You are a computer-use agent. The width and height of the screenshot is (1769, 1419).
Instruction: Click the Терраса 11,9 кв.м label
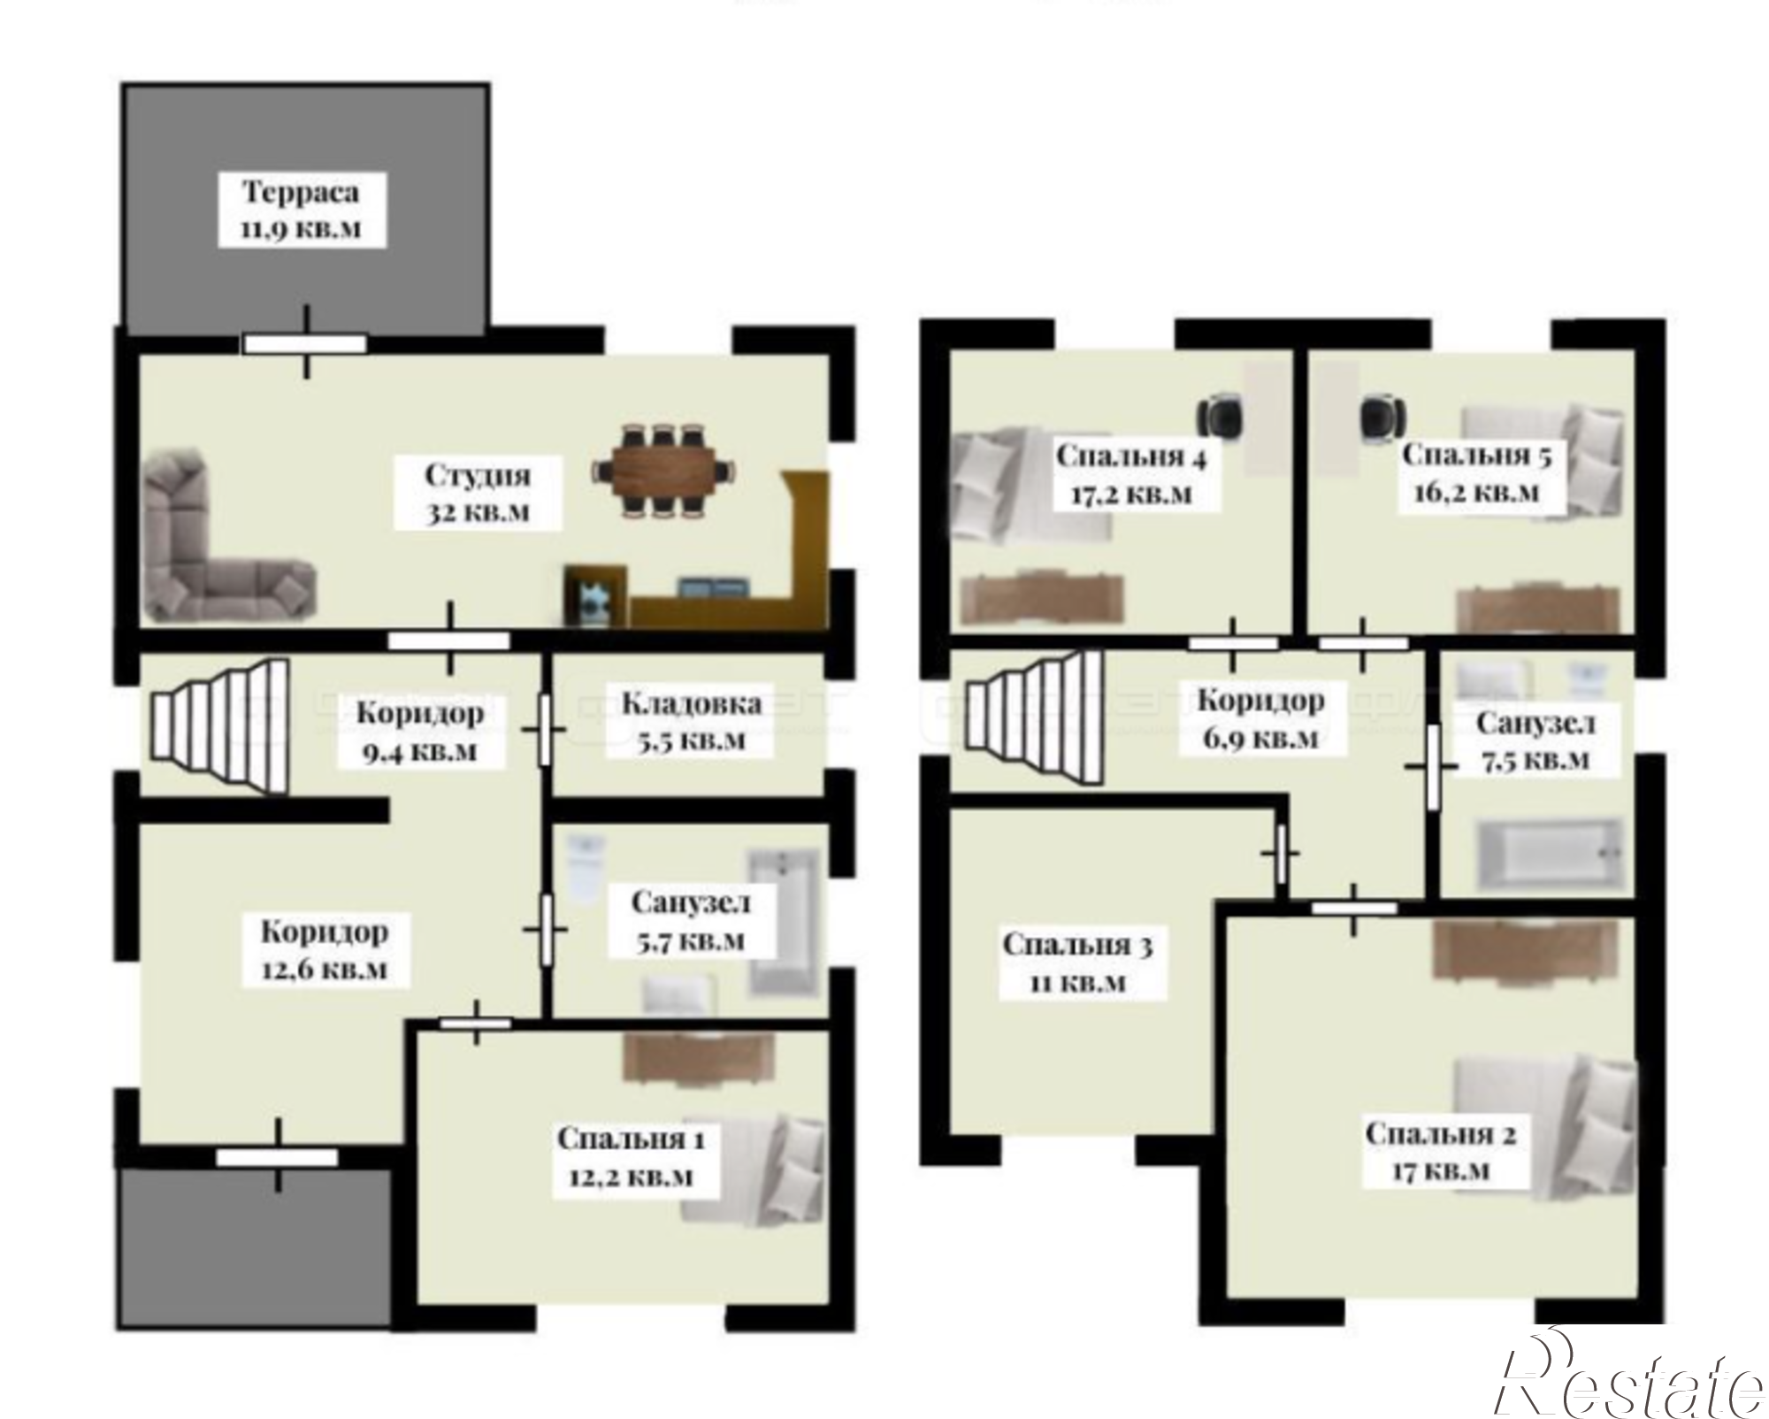click(301, 210)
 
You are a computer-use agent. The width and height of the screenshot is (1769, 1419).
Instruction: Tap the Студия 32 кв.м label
click(478, 494)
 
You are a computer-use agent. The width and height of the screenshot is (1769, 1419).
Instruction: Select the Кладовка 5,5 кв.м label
click(691, 721)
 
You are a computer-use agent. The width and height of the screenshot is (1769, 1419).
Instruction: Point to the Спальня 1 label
click(631, 1139)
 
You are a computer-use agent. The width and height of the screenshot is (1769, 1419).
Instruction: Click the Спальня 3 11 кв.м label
click(1076, 963)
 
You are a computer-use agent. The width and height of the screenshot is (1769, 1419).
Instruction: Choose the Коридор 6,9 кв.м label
click(1260, 718)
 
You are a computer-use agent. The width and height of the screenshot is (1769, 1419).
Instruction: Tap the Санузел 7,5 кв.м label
click(1535, 741)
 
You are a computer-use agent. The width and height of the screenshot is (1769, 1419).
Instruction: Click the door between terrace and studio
click(305, 343)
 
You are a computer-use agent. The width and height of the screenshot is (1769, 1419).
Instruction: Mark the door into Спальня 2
click(1354, 908)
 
